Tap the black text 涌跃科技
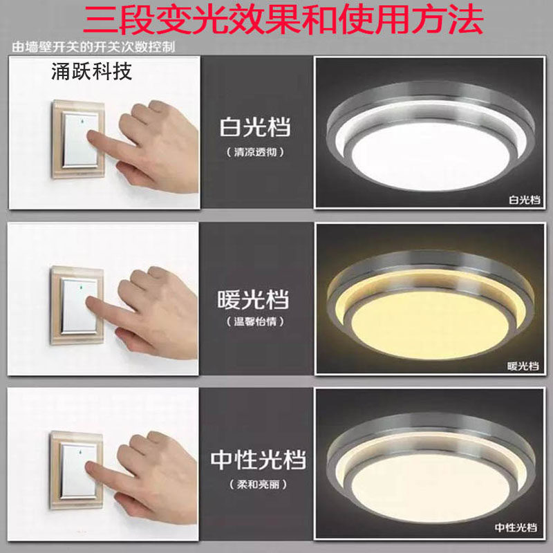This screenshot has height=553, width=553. point(92,72)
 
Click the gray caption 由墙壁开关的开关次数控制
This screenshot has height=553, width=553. point(93,47)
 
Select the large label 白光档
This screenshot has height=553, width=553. point(255,127)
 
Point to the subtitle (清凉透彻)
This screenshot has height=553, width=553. point(255,152)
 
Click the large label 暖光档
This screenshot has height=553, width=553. point(253,299)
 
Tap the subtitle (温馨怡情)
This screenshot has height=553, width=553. point(255,321)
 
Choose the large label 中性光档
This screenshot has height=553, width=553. point(258,460)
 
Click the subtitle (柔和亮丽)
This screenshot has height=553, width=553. point(258,485)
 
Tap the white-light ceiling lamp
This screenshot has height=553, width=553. point(429,138)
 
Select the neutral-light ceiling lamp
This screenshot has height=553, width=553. point(429,470)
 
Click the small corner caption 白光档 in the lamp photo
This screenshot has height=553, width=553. point(524,200)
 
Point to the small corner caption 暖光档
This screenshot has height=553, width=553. point(523,366)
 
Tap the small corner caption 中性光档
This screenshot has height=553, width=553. point(516,527)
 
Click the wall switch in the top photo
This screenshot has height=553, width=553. point(78,139)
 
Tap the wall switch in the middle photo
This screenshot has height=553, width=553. point(77,305)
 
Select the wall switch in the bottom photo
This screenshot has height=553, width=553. point(77,471)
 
